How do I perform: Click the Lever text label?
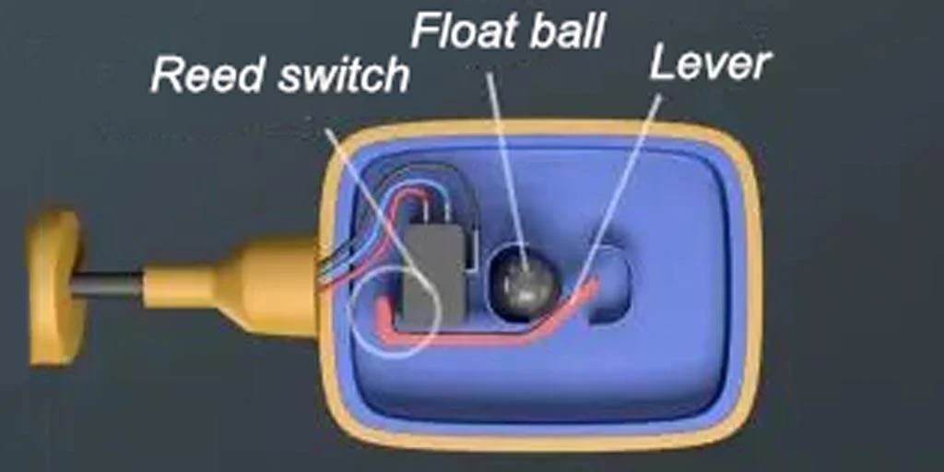[710, 63]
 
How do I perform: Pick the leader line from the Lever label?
[636, 157]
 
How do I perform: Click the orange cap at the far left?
[55, 286]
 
